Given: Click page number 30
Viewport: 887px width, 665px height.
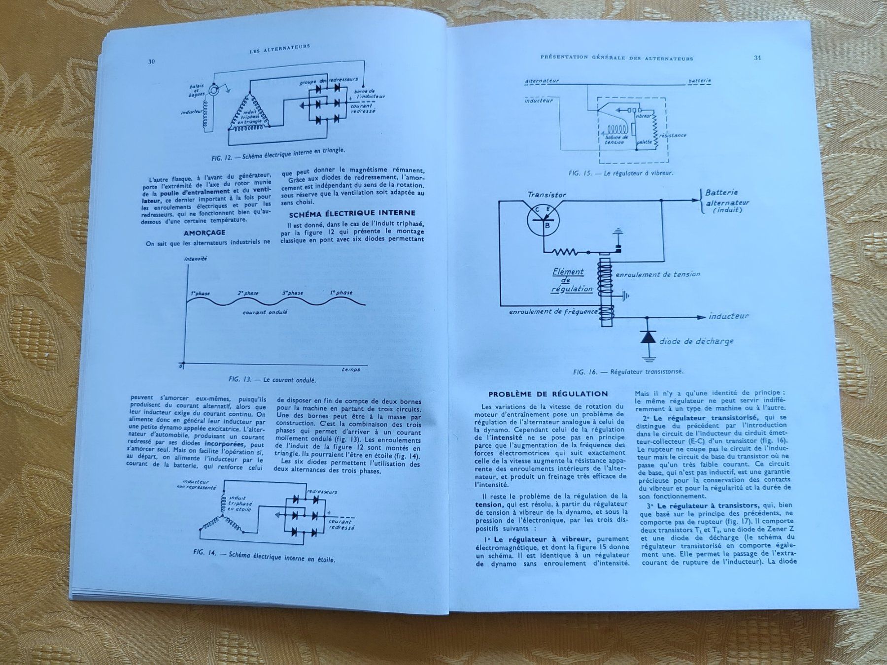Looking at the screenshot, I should tap(152, 62).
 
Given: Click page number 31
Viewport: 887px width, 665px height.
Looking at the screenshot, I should tap(758, 58).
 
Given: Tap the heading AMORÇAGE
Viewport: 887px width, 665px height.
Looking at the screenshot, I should tap(205, 233).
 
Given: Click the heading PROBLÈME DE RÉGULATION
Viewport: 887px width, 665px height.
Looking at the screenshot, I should tap(548, 394).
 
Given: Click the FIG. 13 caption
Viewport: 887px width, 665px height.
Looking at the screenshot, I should tap(273, 380).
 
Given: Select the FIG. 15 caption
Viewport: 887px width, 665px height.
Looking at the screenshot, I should tap(620, 173).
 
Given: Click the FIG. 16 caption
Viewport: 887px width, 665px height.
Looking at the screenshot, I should tap(628, 372).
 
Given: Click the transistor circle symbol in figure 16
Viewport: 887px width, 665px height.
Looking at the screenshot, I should tap(543, 220).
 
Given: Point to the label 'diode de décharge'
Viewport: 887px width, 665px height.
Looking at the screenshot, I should tap(696, 341).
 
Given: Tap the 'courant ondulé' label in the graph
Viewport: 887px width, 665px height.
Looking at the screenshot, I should tap(265, 312).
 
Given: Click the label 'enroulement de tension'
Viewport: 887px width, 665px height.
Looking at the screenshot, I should tap(658, 274).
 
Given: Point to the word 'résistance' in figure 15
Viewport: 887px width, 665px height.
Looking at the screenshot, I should tap(673, 135).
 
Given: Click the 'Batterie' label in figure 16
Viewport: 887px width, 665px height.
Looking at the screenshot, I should tap(722, 193).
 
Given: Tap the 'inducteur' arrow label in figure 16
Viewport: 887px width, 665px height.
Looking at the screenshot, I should tap(728, 316).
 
